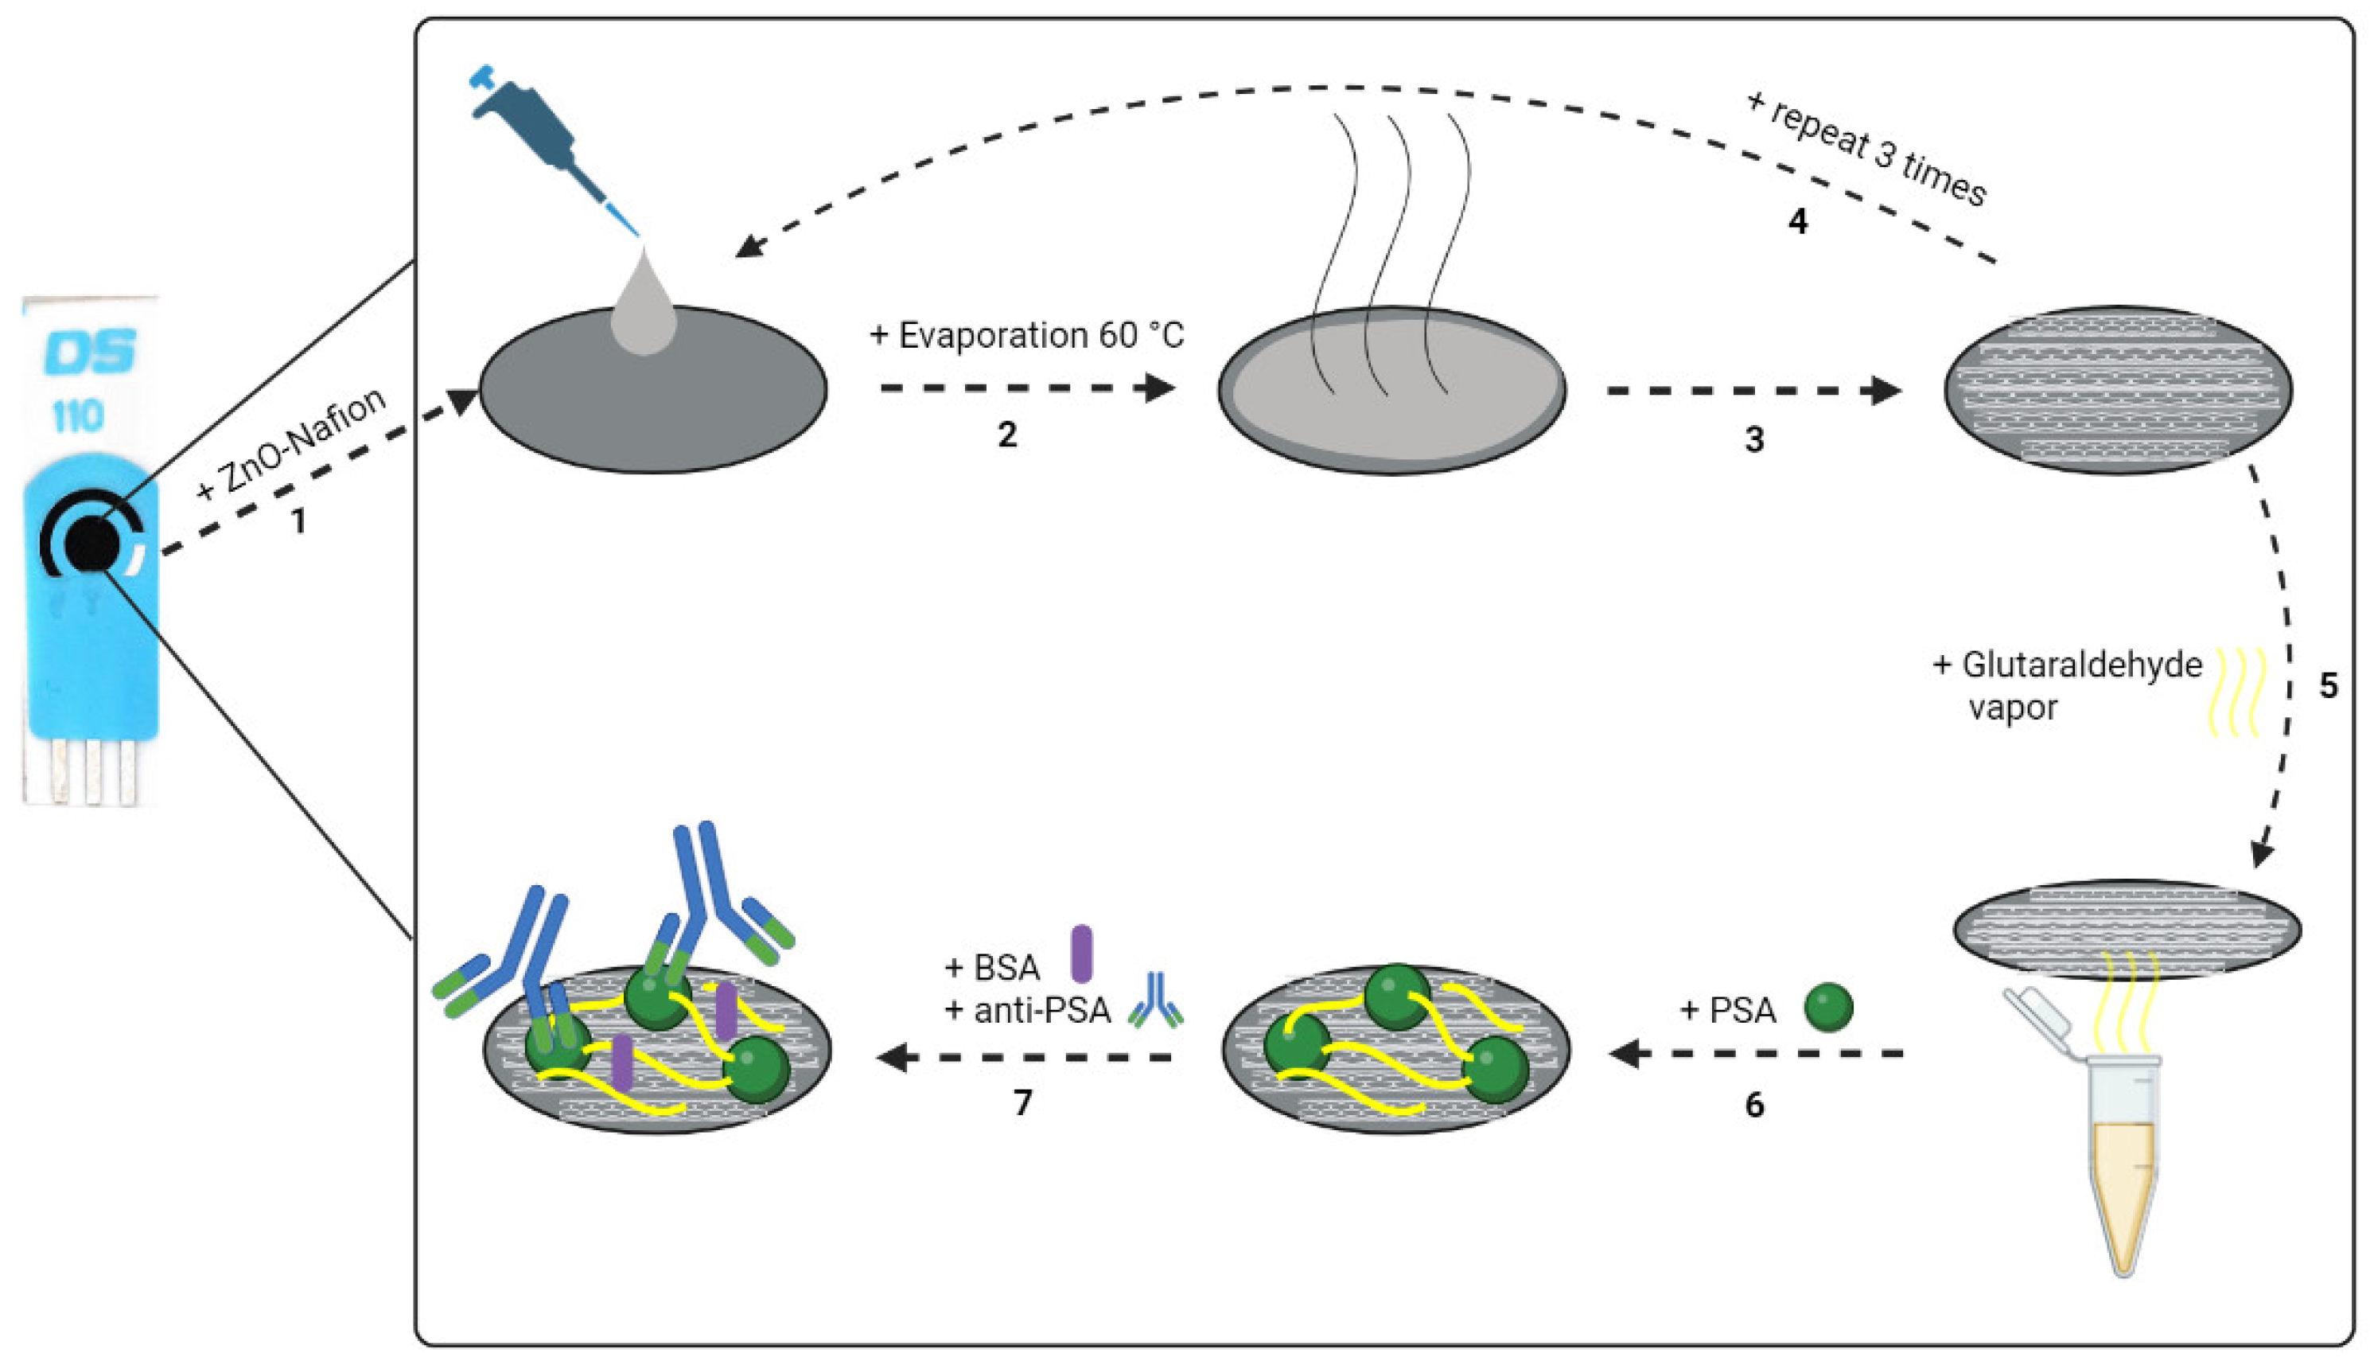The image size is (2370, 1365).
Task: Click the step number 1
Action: point(299,521)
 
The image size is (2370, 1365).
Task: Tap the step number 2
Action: point(1006,434)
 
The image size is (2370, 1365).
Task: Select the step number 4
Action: point(1797,221)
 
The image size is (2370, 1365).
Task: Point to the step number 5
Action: point(2328,685)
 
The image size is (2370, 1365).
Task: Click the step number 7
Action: point(1022,1102)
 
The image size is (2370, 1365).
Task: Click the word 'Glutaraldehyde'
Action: point(2081,665)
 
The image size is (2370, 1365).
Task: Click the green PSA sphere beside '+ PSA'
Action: point(1828,1008)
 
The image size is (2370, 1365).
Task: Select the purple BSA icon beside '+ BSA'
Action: point(1081,954)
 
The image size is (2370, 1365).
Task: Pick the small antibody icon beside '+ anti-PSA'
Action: point(1155,1000)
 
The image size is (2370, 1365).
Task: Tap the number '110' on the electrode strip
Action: point(77,415)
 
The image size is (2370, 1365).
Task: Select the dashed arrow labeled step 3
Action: point(1753,390)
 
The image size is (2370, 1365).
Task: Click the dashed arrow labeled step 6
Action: point(1755,1054)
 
